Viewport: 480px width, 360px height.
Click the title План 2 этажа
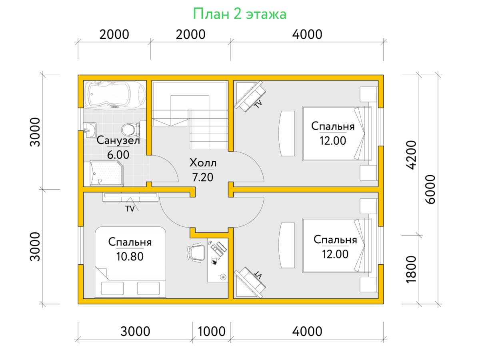[x=240, y=14]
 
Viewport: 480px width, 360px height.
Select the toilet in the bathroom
[x=133, y=130]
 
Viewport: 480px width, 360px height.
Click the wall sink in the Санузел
[x=90, y=130]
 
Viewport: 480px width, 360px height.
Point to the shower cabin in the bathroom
[x=106, y=174]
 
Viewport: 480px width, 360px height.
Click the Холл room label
[x=203, y=163]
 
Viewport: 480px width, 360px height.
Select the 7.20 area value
[x=202, y=177]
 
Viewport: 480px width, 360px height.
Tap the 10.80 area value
[x=130, y=256]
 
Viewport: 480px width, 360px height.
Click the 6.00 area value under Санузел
[x=118, y=155]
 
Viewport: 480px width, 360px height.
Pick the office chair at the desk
[x=196, y=252]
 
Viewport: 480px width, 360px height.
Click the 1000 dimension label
[x=212, y=331]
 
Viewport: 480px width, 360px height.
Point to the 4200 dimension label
[x=411, y=155]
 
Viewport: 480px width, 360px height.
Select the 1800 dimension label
[x=411, y=270]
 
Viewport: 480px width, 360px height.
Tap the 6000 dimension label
[x=430, y=190]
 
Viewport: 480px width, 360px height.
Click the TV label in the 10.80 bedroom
[x=130, y=209]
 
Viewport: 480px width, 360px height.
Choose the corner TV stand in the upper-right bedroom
[x=250, y=96]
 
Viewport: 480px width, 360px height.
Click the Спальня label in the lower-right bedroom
[x=335, y=240]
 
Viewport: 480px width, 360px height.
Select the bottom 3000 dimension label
[x=135, y=331]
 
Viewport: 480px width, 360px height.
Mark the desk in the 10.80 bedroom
[x=218, y=260]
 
